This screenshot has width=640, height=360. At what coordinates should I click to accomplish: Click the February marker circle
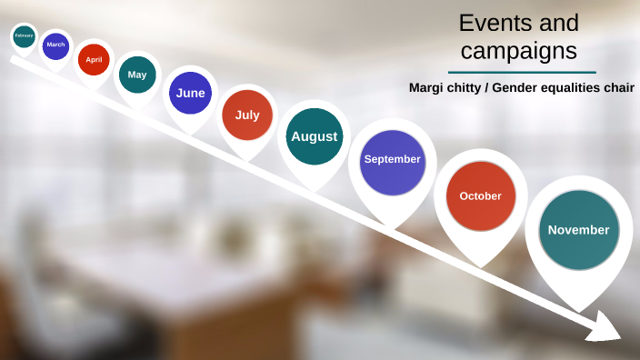[x=25, y=37]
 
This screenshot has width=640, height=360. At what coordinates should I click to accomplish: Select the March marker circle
[x=55, y=45]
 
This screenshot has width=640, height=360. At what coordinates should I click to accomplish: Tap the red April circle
[x=94, y=60]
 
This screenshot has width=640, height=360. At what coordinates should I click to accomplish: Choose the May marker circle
[x=137, y=75]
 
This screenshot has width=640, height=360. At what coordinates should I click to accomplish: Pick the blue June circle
[x=191, y=93]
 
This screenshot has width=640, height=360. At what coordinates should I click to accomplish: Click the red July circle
[x=247, y=115]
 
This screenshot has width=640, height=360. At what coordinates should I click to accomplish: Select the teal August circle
[x=315, y=136]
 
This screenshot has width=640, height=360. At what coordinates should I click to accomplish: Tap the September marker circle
[x=393, y=160]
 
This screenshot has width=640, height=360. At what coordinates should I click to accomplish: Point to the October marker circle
[x=481, y=196]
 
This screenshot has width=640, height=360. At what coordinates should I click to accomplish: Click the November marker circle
[x=579, y=230]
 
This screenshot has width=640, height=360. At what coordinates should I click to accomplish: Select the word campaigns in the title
[x=519, y=51]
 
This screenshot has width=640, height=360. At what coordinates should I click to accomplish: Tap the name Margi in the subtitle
[x=428, y=88]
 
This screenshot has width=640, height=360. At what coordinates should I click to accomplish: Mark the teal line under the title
[x=522, y=72]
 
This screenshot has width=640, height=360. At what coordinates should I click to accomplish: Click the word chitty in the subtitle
[x=466, y=88]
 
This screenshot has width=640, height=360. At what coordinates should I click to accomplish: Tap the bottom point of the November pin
[x=579, y=310]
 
